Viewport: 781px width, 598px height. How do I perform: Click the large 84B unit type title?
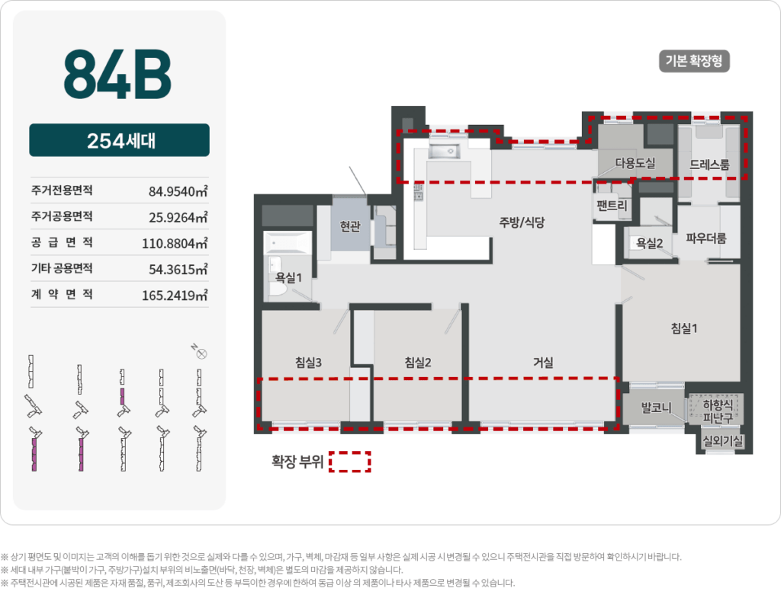tap(117, 74)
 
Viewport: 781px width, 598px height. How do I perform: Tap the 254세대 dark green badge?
tap(119, 141)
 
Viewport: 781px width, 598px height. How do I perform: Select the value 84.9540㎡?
tap(178, 190)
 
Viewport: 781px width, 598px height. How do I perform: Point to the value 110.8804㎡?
tap(175, 243)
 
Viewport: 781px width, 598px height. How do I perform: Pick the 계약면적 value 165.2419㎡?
tap(175, 295)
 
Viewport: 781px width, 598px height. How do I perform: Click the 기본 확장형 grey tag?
tap(694, 62)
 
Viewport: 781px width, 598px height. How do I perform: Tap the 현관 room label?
tap(350, 225)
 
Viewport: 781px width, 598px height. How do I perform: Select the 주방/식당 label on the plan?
tap(524, 222)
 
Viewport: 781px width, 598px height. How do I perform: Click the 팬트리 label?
tap(612, 205)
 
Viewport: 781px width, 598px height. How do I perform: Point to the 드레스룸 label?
tap(709, 164)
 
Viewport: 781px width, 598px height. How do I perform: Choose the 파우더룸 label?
tap(706, 238)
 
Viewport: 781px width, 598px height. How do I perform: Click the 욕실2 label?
tap(649, 243)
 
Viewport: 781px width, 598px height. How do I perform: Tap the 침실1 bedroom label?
tap(684, 328)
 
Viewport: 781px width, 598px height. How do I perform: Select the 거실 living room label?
tap(543, 363)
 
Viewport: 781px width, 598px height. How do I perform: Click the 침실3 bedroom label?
tap(308, 363)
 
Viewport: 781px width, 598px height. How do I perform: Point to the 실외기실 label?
tap(724, 440)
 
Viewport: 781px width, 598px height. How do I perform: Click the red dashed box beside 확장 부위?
tap(350, 462)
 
